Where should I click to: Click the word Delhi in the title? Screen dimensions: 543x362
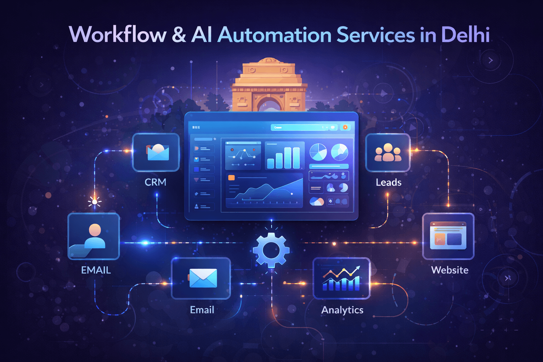(x=465, y=35)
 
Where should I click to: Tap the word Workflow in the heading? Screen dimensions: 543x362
(x=118, y=35)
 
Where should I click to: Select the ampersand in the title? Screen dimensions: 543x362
(x=179, y=35)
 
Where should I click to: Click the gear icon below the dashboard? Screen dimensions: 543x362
(x=271, y=250)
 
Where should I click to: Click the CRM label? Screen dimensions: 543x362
(x=156, y=182)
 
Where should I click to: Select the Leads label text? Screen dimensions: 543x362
(x=389, y=182)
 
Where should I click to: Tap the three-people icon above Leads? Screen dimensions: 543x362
(x=388, y=153)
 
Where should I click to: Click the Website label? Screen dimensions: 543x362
(x=450, y=270)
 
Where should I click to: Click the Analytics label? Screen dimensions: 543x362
(x=342, y=310)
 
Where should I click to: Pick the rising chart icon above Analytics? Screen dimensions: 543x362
(x=341, y=279)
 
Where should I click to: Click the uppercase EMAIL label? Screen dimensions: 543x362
(x=96, y=270)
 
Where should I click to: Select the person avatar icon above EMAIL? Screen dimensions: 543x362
(x=94, y=236)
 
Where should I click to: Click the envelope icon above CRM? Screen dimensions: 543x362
(x=157, y=152)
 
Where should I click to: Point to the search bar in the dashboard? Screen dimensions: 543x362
(x=299, y=127)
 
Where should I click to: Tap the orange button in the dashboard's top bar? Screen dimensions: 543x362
(x=345, y=127)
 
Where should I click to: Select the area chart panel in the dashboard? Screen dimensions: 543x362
(x=264, y=190)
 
